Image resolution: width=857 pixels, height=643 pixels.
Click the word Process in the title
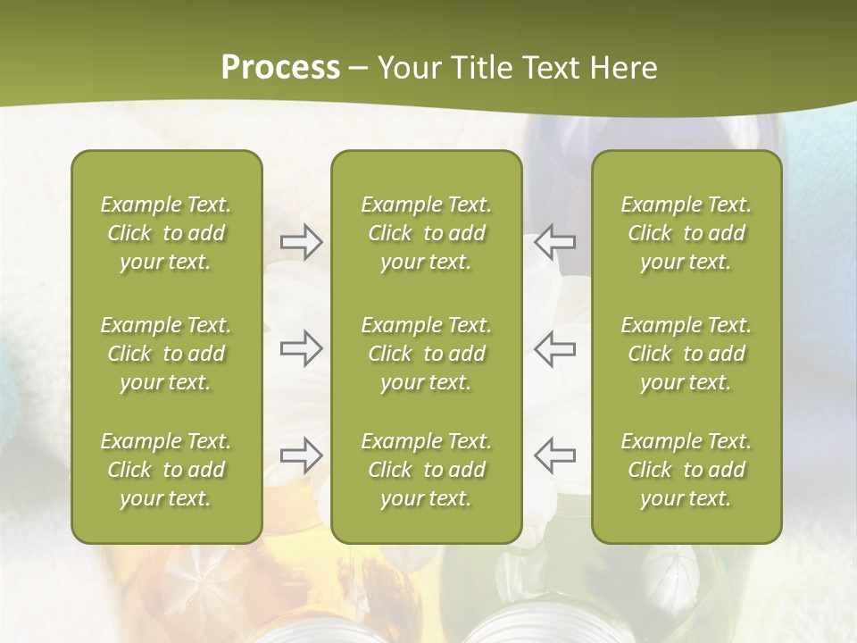(280, 68)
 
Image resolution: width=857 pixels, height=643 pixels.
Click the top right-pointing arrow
(301, 241)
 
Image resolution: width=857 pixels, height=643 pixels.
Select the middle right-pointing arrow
(301, 348)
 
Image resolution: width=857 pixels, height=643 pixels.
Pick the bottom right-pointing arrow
(301, 455)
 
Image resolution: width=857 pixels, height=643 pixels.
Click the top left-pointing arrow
(555, 241)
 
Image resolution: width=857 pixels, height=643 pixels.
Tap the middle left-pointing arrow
(555, 348)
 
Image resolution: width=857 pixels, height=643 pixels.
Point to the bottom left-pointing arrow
(555, 455)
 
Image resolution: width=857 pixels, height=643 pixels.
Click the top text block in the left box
(166, 233)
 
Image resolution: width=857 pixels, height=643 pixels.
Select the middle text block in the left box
(166, 354)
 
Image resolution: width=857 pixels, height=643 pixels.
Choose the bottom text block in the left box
(166, 470)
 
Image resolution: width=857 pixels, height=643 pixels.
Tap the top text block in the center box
(426, 233)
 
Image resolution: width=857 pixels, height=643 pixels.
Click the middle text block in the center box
(426, 354)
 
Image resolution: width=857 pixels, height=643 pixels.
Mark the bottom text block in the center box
(426, 470)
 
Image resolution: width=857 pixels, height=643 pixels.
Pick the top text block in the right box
(686, 233)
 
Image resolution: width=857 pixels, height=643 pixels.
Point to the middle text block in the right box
(686, 354)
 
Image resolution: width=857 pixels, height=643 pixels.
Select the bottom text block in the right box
(686, 470)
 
